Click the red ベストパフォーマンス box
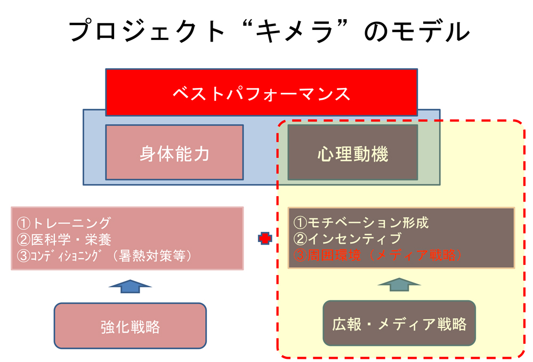pos(261,92)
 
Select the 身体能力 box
pos(174,152)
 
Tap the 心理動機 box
pos(353,152)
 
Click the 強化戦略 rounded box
pos(130,326)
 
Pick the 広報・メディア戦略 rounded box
pos(399,323)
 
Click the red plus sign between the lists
pos(265,238)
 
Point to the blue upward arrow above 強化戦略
pos(130,286)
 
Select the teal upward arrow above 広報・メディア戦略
pos(399,284)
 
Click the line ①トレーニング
pos(63,223)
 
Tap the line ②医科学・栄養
pos(64,239)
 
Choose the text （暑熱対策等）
pos(152,255)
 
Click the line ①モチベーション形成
pos(361,223)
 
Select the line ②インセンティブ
pos(348,239)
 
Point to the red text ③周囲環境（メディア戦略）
pos(378,255)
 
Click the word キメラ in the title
pos(294,31)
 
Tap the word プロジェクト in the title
pos(147,31)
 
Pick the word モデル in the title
pos(431,31)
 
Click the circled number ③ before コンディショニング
pos(23,255)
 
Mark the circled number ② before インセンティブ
pos(300,239)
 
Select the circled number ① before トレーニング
pos(23,223)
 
